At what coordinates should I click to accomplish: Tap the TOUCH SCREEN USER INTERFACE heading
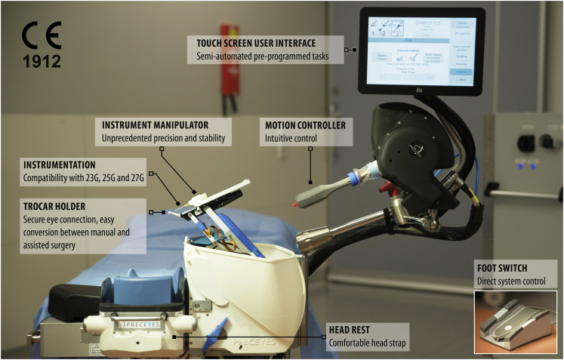pyautogui.click(x=251, y=43)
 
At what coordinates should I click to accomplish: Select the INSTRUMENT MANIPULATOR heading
pyautogui.click(x=155, y=125)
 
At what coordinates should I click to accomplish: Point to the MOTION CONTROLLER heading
pyautogui.click(x=304, y=125)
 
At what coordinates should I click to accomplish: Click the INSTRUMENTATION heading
pyautogui.click(x=59, y=164)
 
